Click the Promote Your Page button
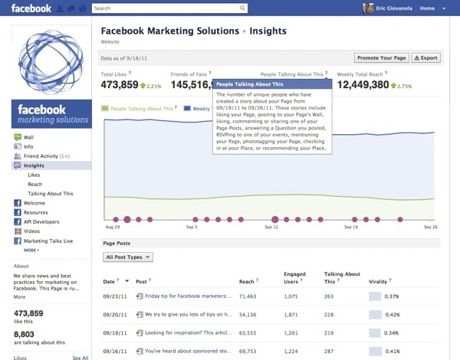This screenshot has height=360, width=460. coord(381,57)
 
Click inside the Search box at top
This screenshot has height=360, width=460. coord(169,8)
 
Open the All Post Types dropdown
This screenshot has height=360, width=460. coord(128,257)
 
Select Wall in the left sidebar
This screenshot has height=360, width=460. coord(28,137)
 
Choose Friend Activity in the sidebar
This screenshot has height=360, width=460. coord(46,155)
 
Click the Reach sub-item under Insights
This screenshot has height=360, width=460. coord(34,185)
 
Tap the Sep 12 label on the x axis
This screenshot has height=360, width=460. coord(271,227)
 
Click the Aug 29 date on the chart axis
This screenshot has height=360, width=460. coord(112,227)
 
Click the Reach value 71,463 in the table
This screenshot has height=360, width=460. coord(247,295)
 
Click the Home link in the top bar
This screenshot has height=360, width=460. coord(426,8)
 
